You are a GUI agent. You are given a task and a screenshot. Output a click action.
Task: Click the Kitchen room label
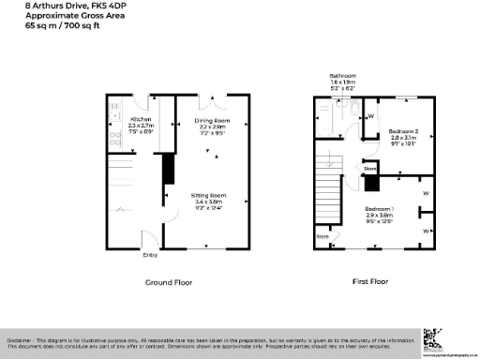point(140,120)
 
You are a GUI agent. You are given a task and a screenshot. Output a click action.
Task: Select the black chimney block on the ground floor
point(169,169)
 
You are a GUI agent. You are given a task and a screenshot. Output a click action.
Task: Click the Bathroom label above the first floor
point(342,75)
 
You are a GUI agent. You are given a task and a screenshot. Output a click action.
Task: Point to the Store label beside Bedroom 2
point(369,169)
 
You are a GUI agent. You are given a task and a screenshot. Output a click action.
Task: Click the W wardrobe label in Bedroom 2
point(371,116)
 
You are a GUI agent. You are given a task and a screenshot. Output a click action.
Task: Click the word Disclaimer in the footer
point(21,339)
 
